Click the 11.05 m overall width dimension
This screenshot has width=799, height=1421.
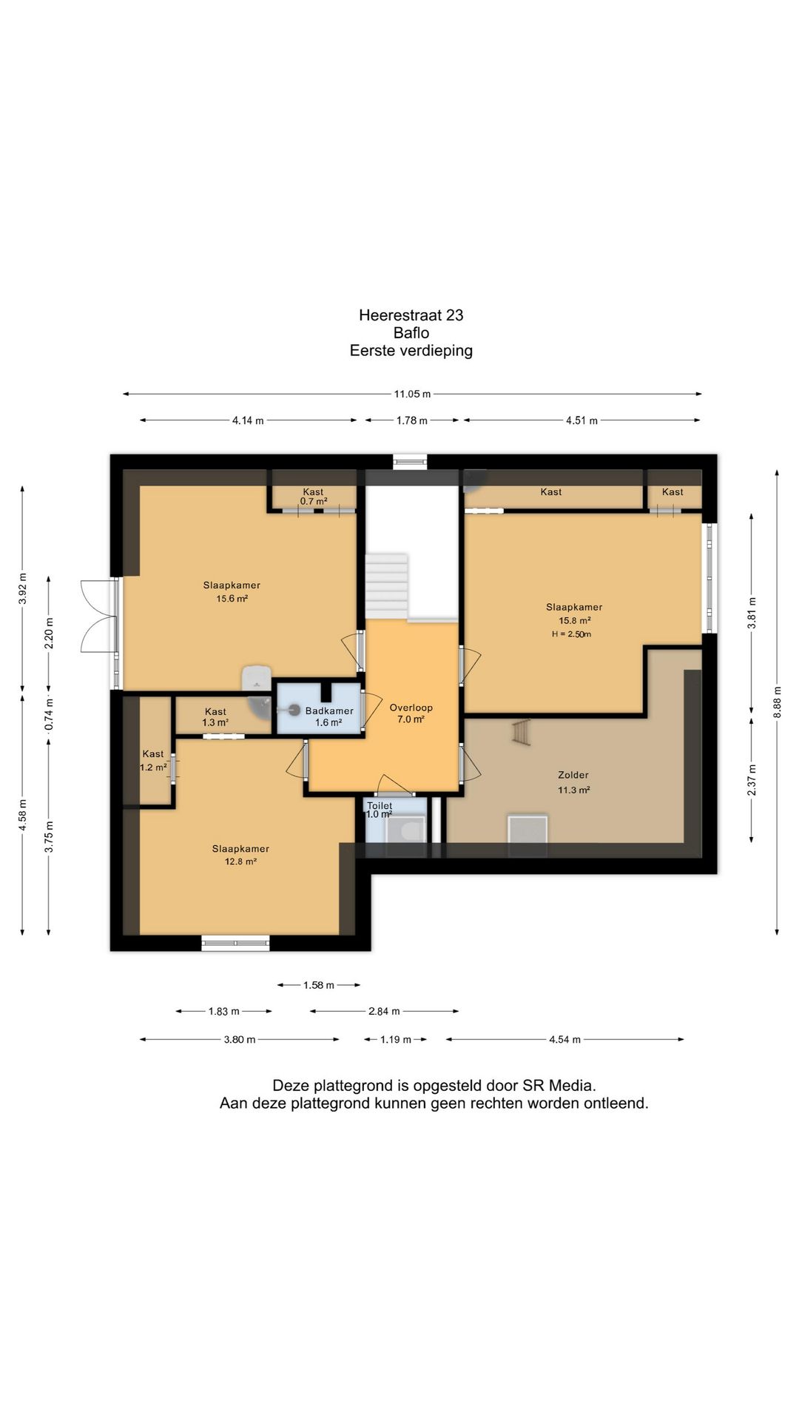pyautogui.click(x=412, y=394)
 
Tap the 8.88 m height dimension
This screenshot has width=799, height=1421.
pyautogui.click(x=777, y=702)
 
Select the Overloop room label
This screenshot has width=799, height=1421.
pyautogui.click(x=411, y=708)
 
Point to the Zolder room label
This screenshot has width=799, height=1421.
pyautogui.click(x=573, y=775)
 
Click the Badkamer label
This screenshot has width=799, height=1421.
pyautogui.click(x=329, y=710)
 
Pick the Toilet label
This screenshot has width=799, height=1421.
pyautogui.click(x=380, y=805)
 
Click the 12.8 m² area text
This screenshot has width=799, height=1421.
pyautogui.click(x=240, y=861)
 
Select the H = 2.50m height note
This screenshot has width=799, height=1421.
pyautogui.click(x=571, y=634)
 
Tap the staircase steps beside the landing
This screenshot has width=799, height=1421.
pyautogui.click(x=386, y=585)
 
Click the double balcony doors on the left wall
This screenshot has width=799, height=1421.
pyautogui.click(x=99, y=616)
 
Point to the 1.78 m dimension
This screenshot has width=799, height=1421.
pyautogui.click(x=412, y=420)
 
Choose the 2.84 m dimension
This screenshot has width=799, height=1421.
pyautogui.click(x=384, y=1011)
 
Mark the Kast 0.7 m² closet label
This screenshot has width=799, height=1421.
pyautogui.click(x=313, y=497)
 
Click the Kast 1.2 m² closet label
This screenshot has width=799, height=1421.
pyautogui.click(x=153, y=761)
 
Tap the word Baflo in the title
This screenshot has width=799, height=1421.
pyautogui.click(x=411, y=333)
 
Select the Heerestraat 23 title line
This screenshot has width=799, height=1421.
pyautogui.click(x=411, y=315)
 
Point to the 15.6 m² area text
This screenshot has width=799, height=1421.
pyautogui.click(x=232, y=599)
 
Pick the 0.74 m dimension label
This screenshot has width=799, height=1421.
pyautogui.click(x=49, y=715)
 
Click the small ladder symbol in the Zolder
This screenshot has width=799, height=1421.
pyautogui.click(x=522, y=732)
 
